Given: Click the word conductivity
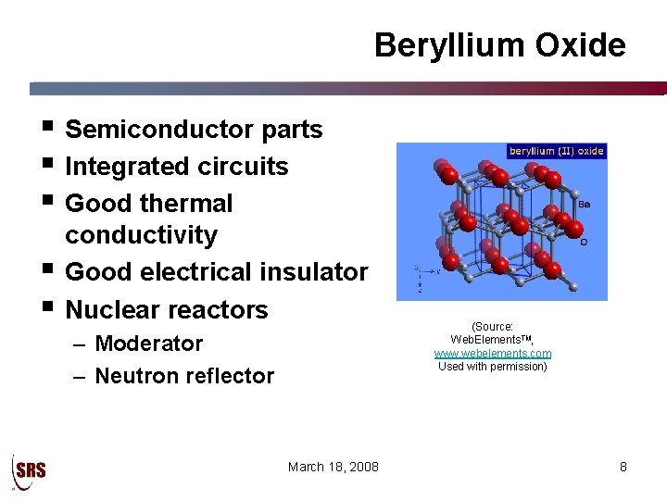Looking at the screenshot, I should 142,235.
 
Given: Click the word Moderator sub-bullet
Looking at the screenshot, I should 148,344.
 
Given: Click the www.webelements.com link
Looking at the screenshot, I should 493,354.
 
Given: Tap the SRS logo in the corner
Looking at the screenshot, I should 29,470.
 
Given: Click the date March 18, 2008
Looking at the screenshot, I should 333,467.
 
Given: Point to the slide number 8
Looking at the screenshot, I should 623,467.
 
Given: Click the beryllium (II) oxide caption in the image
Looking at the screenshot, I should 556,151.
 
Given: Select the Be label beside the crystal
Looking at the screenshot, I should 585,207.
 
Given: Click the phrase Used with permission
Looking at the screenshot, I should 493,366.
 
